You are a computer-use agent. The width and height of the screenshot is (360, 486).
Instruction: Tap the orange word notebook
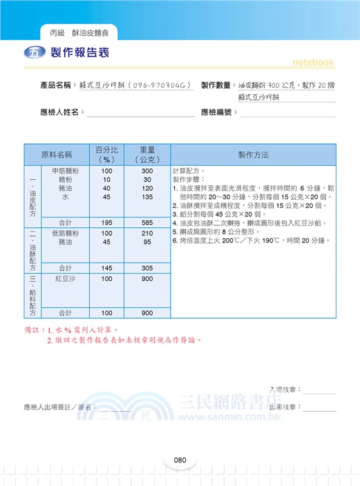point(313,62)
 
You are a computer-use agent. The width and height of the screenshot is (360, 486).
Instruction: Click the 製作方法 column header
point(253,154)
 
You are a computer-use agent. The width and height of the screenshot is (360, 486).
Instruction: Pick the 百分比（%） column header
point(106,154)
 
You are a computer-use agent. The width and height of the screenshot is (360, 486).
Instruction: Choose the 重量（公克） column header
point(147,154)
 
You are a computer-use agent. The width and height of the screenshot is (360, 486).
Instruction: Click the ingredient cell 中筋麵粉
point(65,171)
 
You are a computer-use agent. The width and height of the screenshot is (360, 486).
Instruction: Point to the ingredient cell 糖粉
point(65,180)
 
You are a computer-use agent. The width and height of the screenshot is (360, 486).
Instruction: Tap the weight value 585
point(147,223)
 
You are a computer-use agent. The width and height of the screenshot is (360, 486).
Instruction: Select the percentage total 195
point(106,223)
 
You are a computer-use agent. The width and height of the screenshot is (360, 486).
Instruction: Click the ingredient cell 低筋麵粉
point(65,233)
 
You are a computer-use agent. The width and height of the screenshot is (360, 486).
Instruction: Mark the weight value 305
point(147,268)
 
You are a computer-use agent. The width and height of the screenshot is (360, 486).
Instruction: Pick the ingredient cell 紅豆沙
point(65,278)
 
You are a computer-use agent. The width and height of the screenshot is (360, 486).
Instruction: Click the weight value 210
point(147,233)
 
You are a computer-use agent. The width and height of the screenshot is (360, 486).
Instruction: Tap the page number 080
point(179,460)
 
